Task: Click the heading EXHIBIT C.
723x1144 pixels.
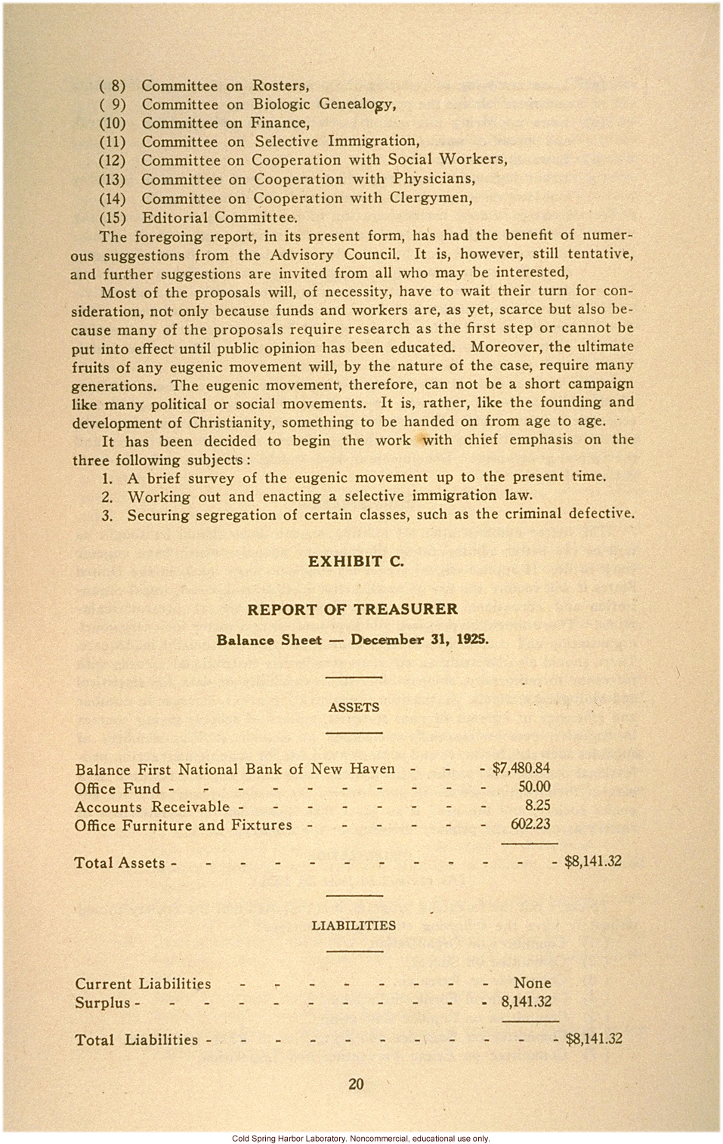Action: [x=355, y=561]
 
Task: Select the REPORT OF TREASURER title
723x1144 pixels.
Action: [x=353, y=609]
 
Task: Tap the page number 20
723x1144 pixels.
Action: [x=356, y=1084]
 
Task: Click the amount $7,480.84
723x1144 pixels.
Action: [x=521, y=769]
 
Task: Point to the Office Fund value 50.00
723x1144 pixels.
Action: [x=534, y=787]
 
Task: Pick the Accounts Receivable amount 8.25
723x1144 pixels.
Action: [x=537, y=806]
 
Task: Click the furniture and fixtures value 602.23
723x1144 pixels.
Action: [x=530, y=825]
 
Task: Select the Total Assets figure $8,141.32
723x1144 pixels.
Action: [x=593, y=862]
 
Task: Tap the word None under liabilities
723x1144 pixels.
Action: [x=532, y=983]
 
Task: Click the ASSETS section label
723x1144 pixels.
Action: [x=354, y=708]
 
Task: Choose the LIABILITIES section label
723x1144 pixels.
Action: [x=354, y=925]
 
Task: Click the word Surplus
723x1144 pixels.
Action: [x=102, y=1003]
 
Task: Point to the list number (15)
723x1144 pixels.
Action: [x=113, y=217]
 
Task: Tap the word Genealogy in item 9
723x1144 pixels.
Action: [x=357, y=104]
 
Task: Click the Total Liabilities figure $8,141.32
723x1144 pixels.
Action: [x=594, y=1038]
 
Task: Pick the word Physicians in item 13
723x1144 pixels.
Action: [x=434, y=179]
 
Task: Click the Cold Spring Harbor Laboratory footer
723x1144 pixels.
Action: [x=361, y=1138]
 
